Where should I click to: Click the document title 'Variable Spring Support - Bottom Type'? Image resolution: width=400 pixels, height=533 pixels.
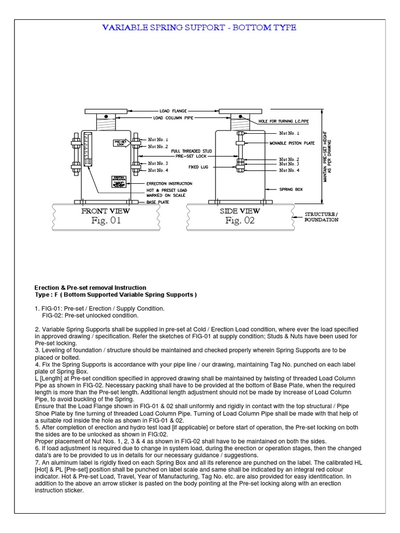click(199, 28)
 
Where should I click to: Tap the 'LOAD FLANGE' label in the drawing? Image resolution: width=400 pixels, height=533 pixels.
click(172, 111)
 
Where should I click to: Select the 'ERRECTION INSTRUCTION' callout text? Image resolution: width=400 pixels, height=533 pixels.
click(169, 183)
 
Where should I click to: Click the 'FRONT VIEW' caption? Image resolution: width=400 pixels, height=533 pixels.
click(106, 211)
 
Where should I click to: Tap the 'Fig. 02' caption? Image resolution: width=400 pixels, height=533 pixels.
click(240, 221)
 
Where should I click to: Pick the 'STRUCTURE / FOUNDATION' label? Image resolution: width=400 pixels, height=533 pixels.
click(321, 217)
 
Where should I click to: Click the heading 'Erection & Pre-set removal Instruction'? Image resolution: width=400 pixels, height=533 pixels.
click(90, 287)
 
